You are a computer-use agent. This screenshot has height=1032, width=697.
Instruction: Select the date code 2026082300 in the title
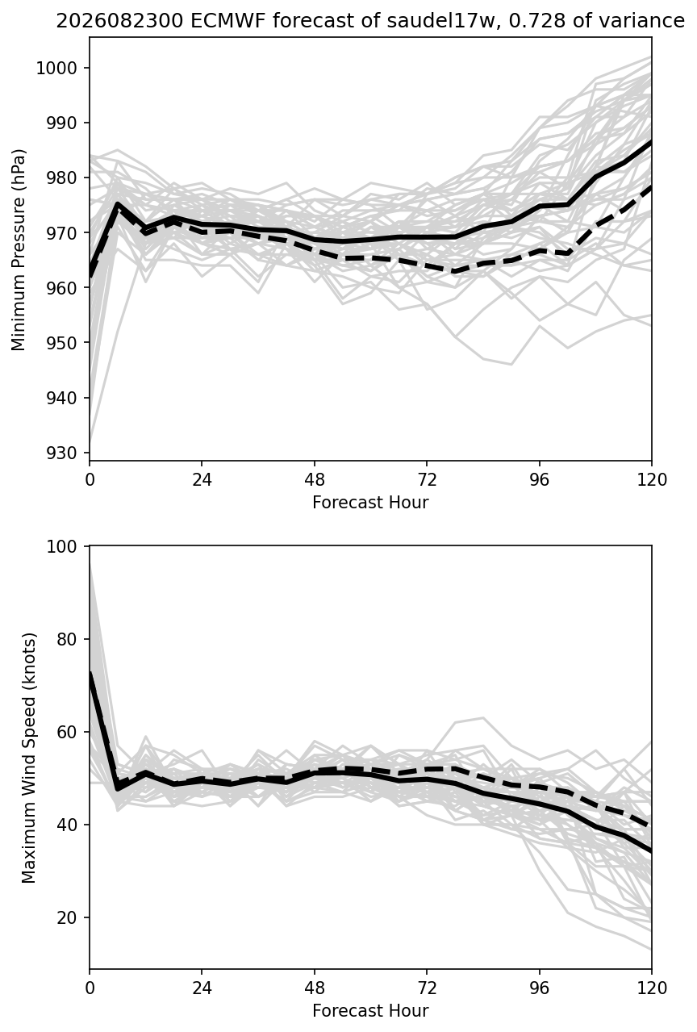click(120, 21)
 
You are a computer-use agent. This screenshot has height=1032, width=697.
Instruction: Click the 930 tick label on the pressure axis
click(61, 453)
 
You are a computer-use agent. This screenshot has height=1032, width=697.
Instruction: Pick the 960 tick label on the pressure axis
click(61, 288)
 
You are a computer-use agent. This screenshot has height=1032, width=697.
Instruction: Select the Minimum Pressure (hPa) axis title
click(19, 249)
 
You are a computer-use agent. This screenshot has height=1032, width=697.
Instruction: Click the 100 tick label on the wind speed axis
click(61, 546)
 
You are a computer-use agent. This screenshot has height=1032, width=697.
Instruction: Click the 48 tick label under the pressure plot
click(314, 480)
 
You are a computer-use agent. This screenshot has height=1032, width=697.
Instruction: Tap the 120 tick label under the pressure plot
click(651, 480)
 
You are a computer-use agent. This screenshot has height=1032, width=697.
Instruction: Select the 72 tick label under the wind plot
click(427, 988)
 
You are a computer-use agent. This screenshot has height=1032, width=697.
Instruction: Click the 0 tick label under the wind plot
click(90, 988)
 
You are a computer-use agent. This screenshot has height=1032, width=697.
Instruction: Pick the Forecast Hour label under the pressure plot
click(370, 502)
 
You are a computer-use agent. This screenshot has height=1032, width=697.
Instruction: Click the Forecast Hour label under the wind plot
click(370, 1011)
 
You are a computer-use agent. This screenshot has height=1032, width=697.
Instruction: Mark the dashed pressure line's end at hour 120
click(651, 187)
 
